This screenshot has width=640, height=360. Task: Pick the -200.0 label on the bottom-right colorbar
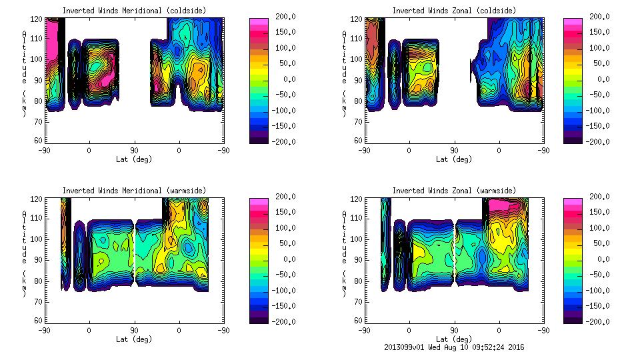pyautogui.click(x=603, y=322)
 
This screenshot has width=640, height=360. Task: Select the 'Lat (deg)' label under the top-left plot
pyautogui.click(x=134, y=159)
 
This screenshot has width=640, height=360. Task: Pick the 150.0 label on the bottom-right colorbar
pyautogui.click(x=603, y=212)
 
